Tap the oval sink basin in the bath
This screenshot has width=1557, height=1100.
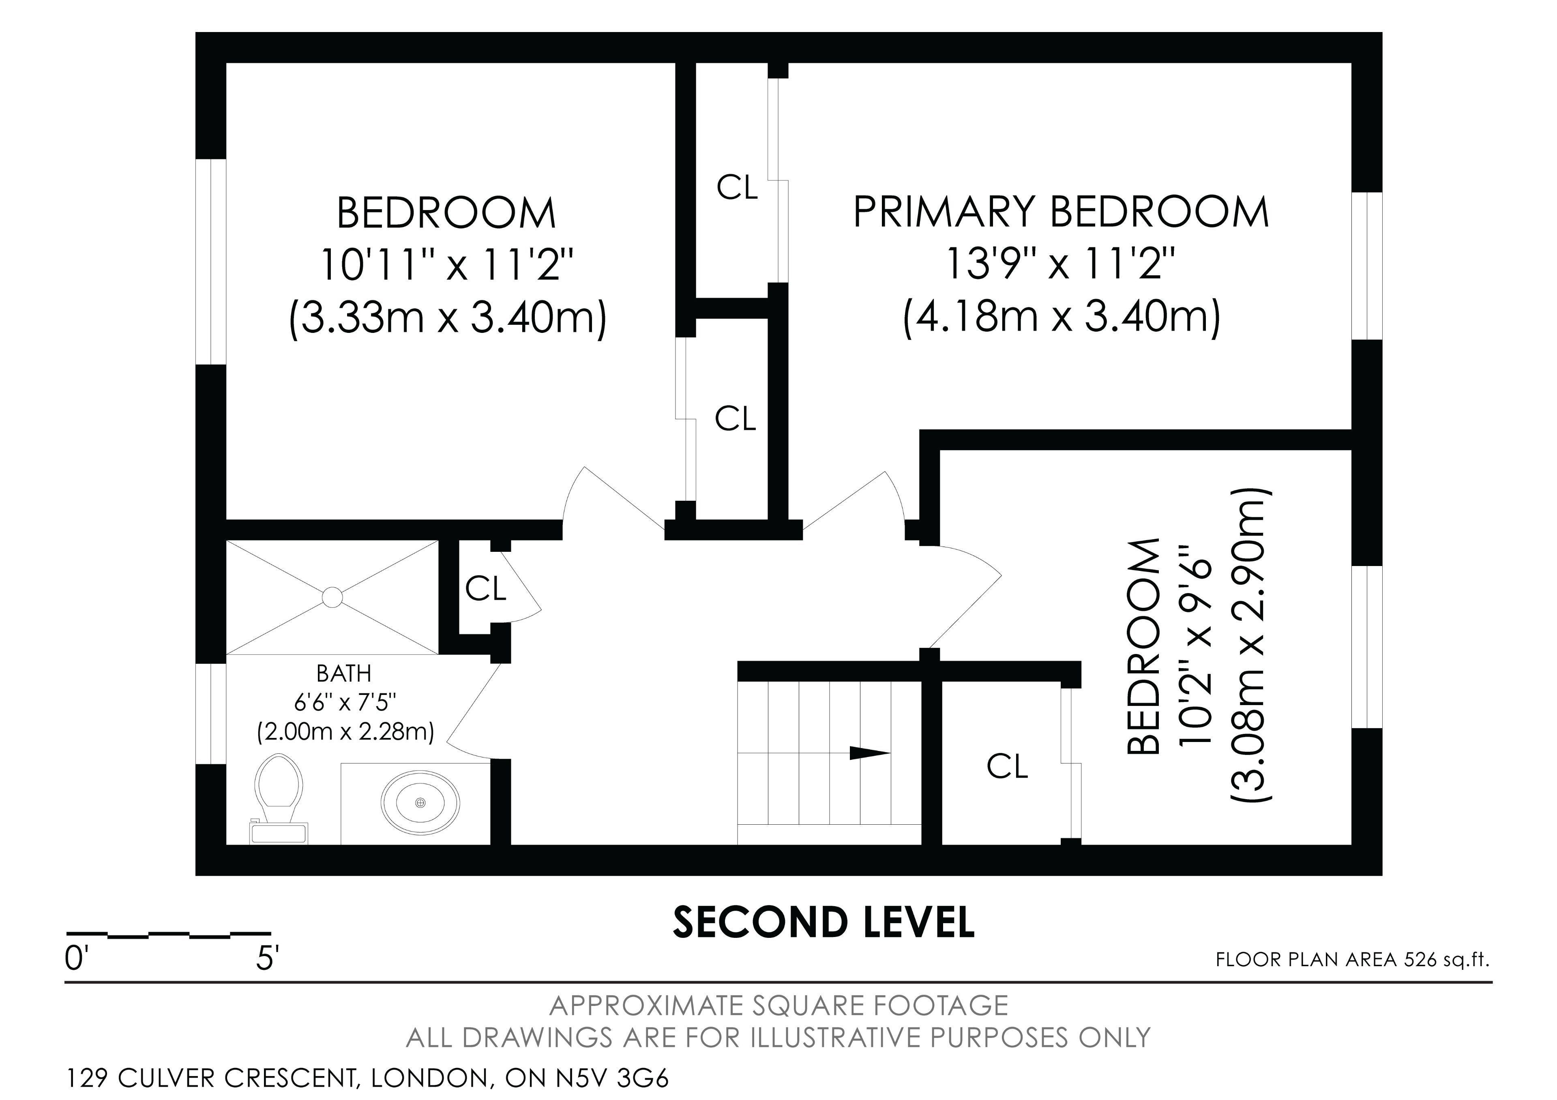coord(420,802)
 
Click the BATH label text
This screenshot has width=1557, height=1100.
coord(344,673)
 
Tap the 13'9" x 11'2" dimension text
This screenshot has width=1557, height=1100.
coord(1061,264)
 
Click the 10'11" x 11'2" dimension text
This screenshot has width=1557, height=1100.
coord(447,264)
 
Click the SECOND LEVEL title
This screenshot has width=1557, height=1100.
coord(823,922)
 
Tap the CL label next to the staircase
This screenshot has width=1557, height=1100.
coord(1008,766)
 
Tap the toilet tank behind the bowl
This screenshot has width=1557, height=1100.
coord(279,833)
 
